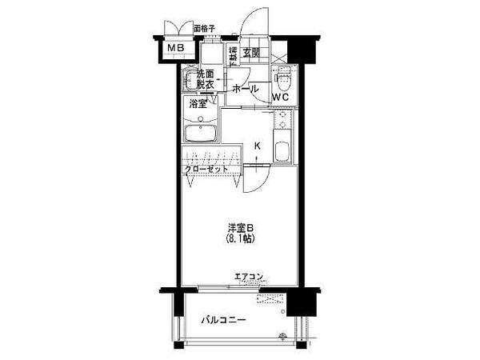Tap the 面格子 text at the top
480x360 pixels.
[x=204, y=28]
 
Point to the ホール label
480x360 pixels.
[x=246, y=90]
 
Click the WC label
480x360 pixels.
[x=280, y=98]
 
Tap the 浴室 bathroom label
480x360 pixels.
[x=198, y=104]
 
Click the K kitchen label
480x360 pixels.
[x=258, y=146]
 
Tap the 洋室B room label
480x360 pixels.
[x=239, y=226]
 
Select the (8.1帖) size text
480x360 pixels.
[x=239, y=238]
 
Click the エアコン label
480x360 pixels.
[x=249, y=278]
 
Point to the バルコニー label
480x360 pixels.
[x=222, y=320]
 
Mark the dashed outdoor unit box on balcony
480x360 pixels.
[x=271, y=299]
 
